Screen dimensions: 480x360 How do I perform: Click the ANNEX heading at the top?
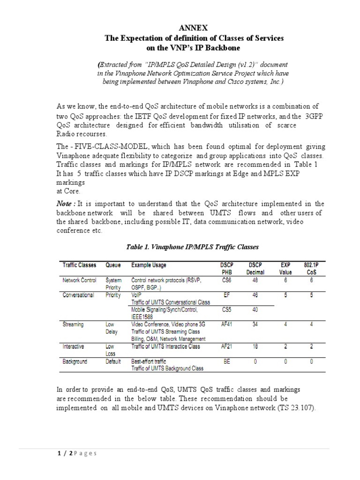(194, 29)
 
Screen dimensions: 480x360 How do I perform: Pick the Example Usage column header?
(149, 265)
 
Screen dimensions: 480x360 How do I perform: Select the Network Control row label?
(79, 280)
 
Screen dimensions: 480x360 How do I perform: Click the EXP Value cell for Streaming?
(285, 323)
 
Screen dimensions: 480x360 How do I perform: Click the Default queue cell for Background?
(113, 361)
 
